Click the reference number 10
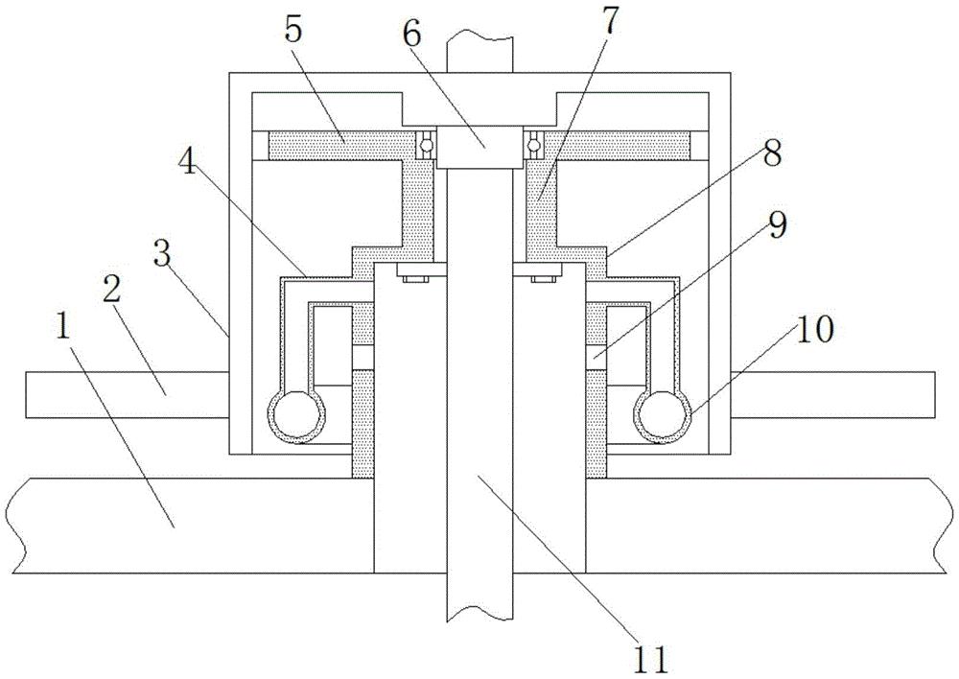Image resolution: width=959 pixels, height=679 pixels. pos(814,329)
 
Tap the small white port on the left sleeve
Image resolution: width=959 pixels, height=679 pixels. pos(363,357)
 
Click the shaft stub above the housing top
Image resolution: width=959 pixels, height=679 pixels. pos(479,54)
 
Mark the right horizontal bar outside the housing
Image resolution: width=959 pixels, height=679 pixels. pos(833,395)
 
